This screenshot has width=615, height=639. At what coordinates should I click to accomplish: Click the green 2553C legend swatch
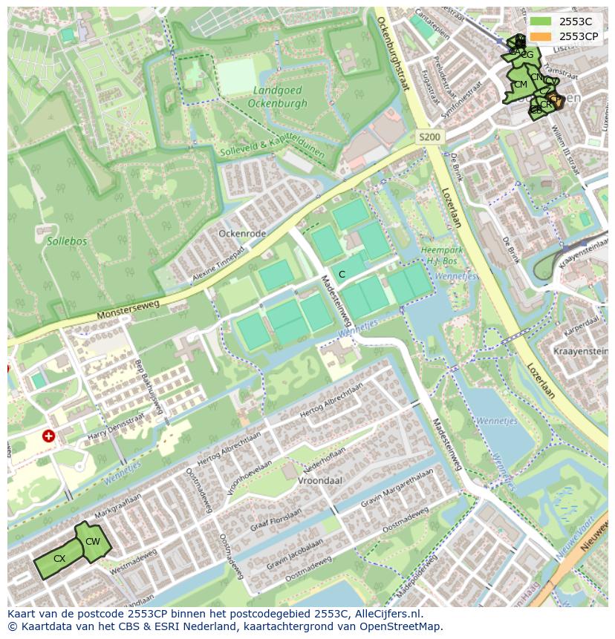(x=541, y=22)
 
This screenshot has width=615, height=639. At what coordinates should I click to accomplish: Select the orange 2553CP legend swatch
(x=541, y=36)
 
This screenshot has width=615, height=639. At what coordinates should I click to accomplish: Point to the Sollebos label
(x=67, y=241)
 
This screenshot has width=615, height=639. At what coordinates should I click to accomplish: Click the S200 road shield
(x=429, y=137)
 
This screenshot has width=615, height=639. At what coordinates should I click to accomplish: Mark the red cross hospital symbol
(x=49, y=436)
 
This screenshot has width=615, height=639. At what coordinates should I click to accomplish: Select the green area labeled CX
(x=59, y=559)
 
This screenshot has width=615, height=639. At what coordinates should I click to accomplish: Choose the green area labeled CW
(x=93, y=541)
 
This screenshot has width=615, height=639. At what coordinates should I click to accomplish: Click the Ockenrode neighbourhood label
(x=242, y=233)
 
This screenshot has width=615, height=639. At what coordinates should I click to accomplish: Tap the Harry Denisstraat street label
(x=115, y=429)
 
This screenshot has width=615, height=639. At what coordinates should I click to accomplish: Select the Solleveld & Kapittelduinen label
(x=272, y=145)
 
